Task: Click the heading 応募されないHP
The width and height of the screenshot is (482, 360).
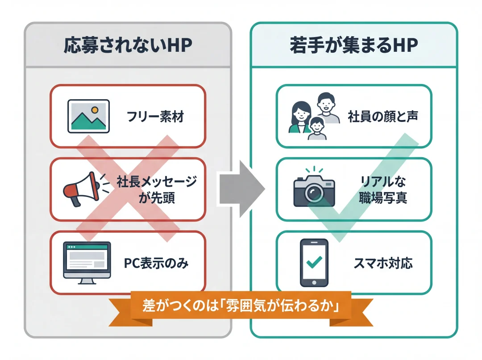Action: tap(127, 45)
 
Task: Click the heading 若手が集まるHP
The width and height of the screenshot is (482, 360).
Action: tap(353, 45)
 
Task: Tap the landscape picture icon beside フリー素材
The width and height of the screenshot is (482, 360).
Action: tap(88, 116)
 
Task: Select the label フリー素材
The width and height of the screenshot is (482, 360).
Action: tap(155, 117)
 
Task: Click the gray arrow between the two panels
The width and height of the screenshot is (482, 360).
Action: tap(241, 188)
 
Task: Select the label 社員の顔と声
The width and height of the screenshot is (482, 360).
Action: tap(382, 117)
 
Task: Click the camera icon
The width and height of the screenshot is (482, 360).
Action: tap(314, 188)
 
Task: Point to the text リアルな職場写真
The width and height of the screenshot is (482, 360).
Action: tap(382, 189)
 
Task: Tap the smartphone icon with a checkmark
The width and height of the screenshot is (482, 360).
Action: tap(313, 262)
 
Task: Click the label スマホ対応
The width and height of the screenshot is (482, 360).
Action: tap(382, 263)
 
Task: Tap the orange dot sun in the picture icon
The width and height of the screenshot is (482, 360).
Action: tap(94, 109)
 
